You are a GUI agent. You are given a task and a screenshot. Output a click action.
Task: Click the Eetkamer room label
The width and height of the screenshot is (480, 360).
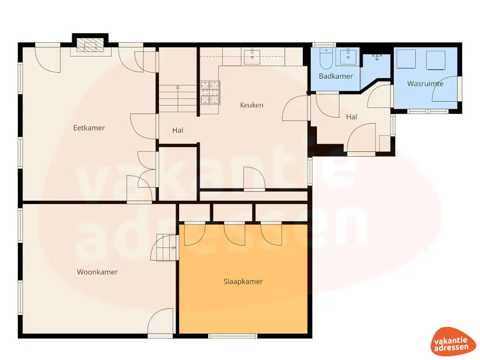pyautogui.click(x=89, y=127)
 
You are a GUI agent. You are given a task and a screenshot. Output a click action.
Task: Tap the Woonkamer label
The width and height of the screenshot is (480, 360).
pyautogui.click(x=97, y=272)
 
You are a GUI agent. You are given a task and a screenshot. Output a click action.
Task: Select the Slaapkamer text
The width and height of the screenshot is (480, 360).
pyautogui.click(x=243, y=282)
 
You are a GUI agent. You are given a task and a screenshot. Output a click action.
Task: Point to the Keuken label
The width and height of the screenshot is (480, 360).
pyautogui.click(x=252, y=105)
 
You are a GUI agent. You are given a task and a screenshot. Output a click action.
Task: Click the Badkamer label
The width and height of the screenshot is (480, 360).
pyautogui.click(x=336, y=76)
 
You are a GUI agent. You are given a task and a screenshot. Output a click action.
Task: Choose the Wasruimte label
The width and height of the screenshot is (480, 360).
pyautogui.click(x=425, y=84)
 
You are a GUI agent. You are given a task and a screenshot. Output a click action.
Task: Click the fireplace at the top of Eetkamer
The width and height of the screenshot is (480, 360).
pyautogui.click(x=89, y=45)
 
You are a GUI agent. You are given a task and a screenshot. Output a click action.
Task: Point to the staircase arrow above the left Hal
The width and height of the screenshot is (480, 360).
pyautogui.click(x=178, y=88)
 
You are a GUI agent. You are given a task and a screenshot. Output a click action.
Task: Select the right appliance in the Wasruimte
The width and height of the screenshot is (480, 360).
pyautogui.click(x=435, y=60)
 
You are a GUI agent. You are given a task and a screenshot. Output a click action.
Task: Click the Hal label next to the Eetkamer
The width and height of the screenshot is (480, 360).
pyautogui.click(x=178, y=130)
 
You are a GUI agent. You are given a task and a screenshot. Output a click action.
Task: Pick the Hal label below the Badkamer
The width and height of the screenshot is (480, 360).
pyautogui.click(x=352, y=117)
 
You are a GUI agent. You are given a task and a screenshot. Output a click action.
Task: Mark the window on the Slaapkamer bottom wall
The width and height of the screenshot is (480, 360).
pyautogui.click(x=233, y=336)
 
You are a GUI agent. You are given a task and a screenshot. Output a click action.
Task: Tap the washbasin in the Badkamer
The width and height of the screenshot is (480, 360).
pyautogui.click(x=348, y=56)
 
